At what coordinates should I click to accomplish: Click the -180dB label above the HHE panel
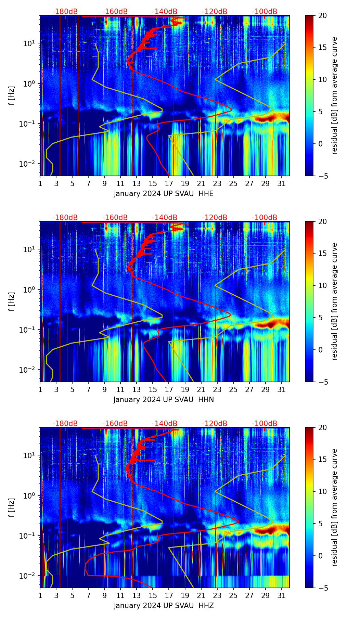(65, 12)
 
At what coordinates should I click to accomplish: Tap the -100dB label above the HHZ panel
(265, 424)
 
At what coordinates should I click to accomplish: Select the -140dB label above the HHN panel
(165, 218)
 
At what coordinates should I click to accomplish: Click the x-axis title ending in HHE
(164, 194)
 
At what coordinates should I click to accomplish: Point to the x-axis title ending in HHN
(164, 400)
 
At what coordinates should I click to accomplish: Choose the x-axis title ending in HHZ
(164, 606)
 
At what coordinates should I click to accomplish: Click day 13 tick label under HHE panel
(137, 183)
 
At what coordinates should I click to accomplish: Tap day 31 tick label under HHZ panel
(281, 595)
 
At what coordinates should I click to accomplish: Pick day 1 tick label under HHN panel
(40, 389)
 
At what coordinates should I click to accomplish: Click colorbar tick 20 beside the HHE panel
(323, 15)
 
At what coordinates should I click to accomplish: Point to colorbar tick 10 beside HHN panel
(323, 285)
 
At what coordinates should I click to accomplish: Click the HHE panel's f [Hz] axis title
(12, 95)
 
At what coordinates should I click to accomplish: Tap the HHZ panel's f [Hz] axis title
(12, 507)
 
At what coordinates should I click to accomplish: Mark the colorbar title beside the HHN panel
(334, 301)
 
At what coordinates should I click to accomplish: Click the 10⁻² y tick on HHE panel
(30, 164)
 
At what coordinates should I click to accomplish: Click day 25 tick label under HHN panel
(233, 389)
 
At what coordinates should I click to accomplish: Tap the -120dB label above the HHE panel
(215, 12)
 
